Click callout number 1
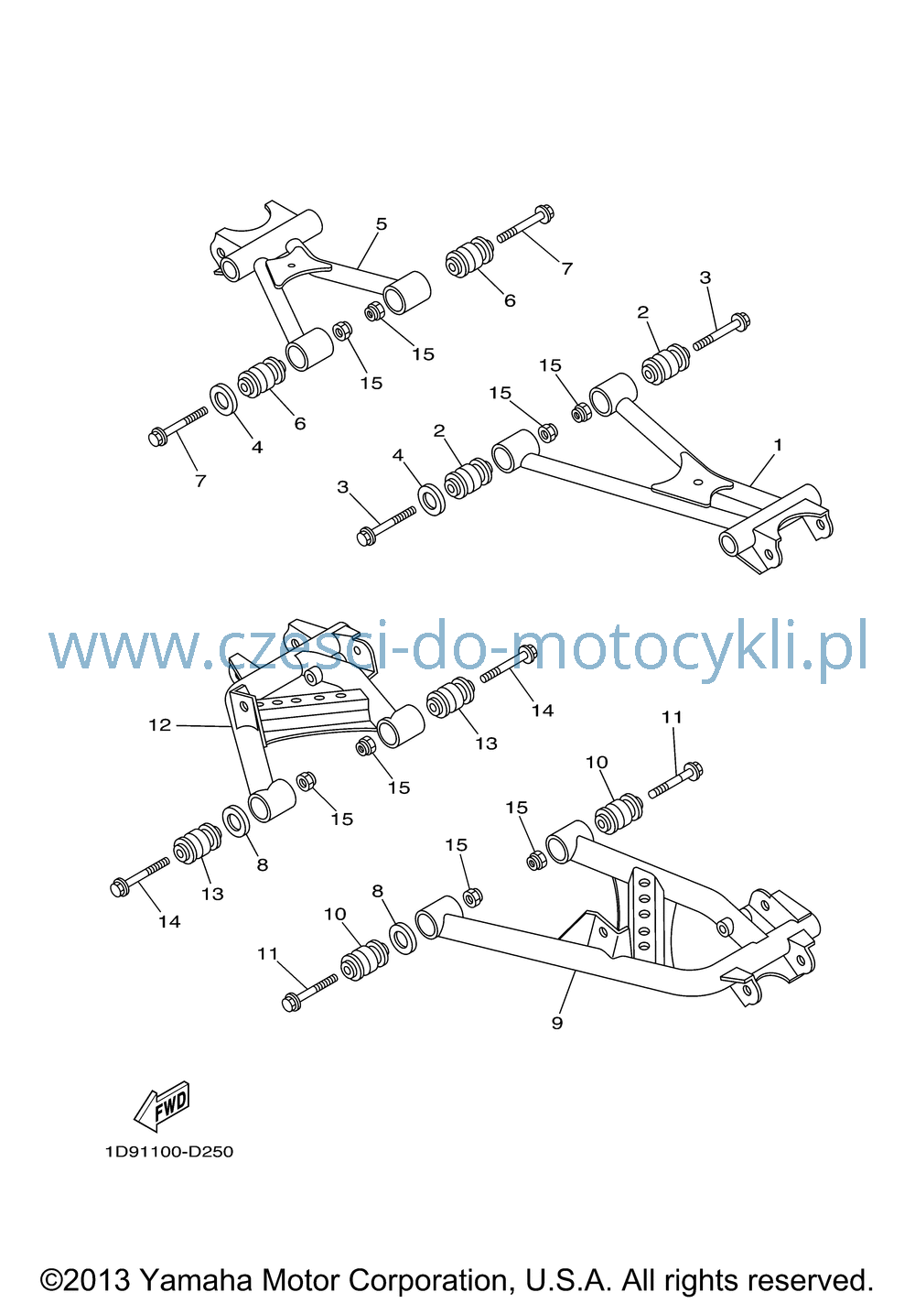tap(778, 445)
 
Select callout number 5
tap(382, 224)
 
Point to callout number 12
tap(160, 725)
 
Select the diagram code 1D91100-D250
tap(169, 1152)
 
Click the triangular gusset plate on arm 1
tap(693, 483)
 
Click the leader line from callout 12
tap(203, 725)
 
